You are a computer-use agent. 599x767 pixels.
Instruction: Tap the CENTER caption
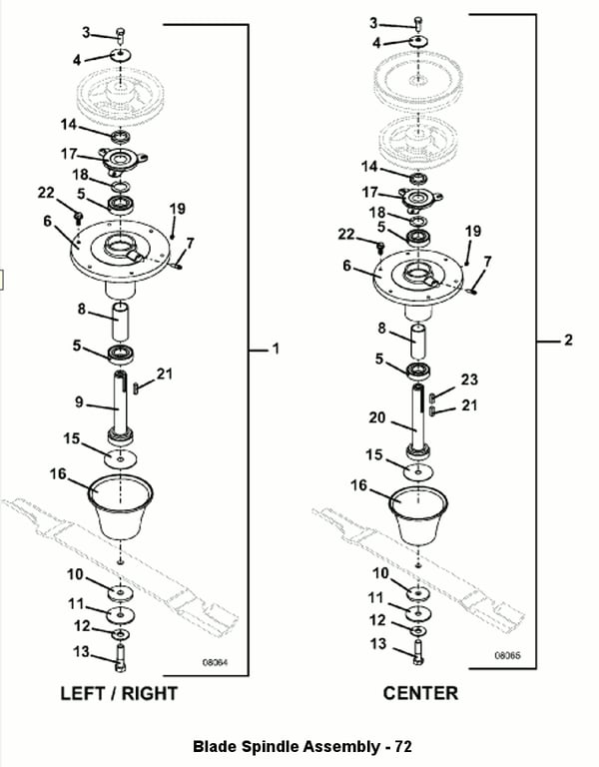pyautogui.click(x=420, y=693)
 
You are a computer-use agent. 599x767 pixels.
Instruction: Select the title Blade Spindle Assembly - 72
pyautogui.click(x=301, y=746)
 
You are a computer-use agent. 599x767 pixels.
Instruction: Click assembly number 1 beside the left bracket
pyautogui.click(x=276, y=349)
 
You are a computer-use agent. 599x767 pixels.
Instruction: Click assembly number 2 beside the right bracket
pyautogui.click(x=568, y=341)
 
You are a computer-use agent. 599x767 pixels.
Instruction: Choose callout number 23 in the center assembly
pyautogui.click(x=470, y=380)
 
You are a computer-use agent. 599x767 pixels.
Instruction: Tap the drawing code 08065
pyautogui.click(x=508, y=656)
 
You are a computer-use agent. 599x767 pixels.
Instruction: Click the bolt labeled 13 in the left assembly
pyautogui.click(x=120, y=658)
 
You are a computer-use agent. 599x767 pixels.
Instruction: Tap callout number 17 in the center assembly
pyautogui.click(x=370, y=192)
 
